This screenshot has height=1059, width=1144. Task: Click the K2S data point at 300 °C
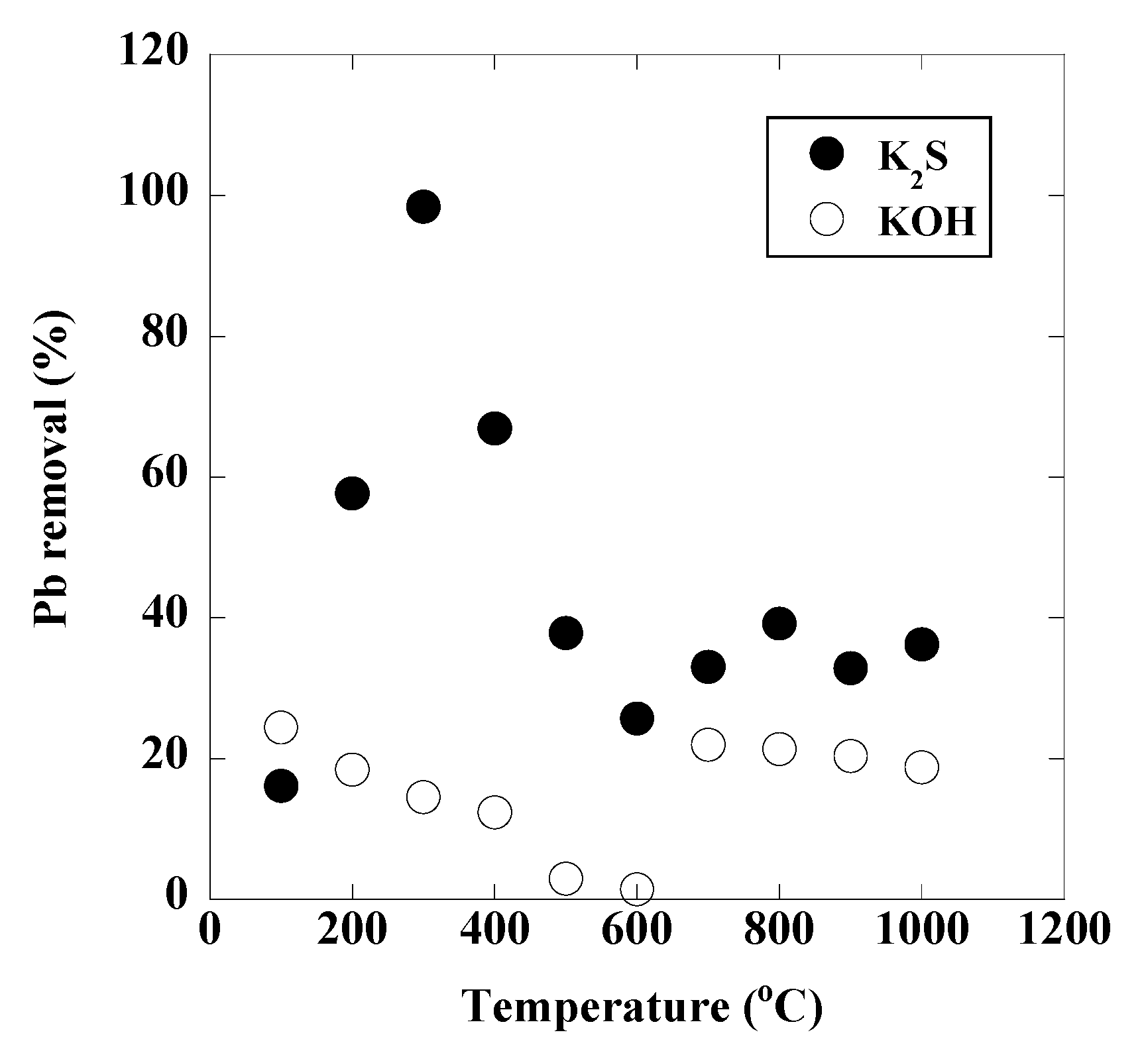(x=424, y=207)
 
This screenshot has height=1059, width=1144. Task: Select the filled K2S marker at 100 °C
(x=280, y=786)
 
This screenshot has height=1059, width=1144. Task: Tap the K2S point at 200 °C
(x=352, y=493)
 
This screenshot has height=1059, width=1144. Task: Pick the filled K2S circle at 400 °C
(x=494, y=429)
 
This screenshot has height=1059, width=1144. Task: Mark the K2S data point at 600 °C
(x=637, y=718)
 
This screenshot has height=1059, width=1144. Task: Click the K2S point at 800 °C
(x=779, y=624)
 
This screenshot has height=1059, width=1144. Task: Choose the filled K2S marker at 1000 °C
(x=921, y=644)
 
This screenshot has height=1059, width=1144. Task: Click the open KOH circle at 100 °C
(x=280, y=728)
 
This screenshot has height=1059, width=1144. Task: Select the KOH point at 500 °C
(x=565, y=879)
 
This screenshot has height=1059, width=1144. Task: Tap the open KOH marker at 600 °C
(x=637, y=889)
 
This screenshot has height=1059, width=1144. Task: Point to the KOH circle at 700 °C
(x=708, y=745)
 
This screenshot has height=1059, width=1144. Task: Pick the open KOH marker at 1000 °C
(x=921, y=767)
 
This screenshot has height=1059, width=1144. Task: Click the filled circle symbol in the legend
(x=827, y=154)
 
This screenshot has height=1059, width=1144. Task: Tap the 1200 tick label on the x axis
(x=1063, y=929)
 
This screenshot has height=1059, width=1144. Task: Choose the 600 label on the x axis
(x=636, y=929)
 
